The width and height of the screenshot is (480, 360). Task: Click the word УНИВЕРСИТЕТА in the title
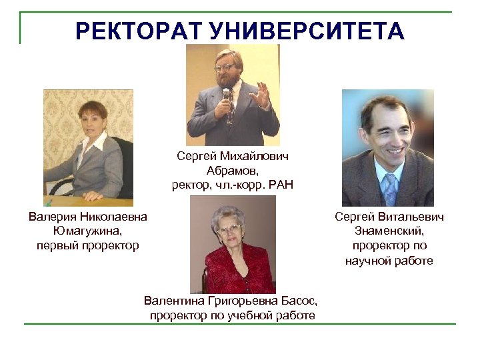tap(307, 31)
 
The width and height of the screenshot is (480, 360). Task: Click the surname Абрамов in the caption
tap(233, 170)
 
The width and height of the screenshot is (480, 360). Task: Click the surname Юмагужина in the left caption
tap(88, 231)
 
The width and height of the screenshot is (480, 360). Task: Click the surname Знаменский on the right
tap(389, 231)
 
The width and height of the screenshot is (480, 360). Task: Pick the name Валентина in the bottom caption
tap(172, 301)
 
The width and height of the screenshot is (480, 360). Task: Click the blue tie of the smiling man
tap(389, 187)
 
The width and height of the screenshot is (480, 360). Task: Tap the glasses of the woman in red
tap(229, 229)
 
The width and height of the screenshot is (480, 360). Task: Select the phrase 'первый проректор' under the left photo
tap(88, 245)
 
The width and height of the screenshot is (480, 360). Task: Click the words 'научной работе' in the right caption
tap(389, 260)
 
